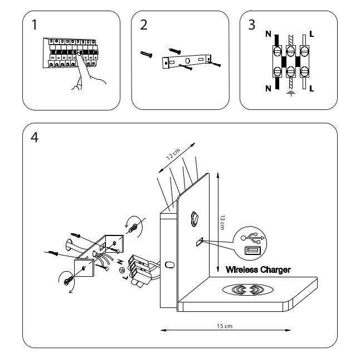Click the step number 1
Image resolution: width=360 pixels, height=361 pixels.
(35, 25)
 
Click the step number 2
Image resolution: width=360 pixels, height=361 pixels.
(144, 25)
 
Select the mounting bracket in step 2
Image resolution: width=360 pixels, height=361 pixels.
(187, 61)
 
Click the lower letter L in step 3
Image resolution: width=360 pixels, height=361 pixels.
(311, 88)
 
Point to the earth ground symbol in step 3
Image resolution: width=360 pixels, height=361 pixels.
(290, 94)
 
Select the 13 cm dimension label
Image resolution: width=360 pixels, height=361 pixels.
(221, 223)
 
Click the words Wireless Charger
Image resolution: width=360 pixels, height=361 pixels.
(258, 270)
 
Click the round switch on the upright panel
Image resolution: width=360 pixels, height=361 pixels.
(193, 218)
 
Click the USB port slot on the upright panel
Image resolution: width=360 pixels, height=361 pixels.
(199, 242)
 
